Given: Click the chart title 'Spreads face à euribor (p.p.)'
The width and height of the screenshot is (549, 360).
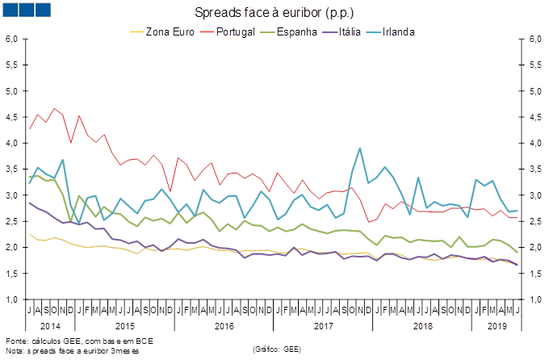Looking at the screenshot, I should tap(274, 14).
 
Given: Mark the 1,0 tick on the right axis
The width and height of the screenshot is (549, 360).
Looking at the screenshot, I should tap(535, 299).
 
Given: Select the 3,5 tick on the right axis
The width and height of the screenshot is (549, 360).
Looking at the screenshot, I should tap(535, 170).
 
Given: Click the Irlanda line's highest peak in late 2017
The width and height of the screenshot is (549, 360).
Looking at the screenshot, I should tap(359, 149).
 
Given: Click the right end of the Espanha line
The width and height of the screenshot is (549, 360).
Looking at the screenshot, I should tap(518, 253).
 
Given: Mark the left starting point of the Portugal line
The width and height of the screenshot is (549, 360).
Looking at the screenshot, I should tap(30, 129).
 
